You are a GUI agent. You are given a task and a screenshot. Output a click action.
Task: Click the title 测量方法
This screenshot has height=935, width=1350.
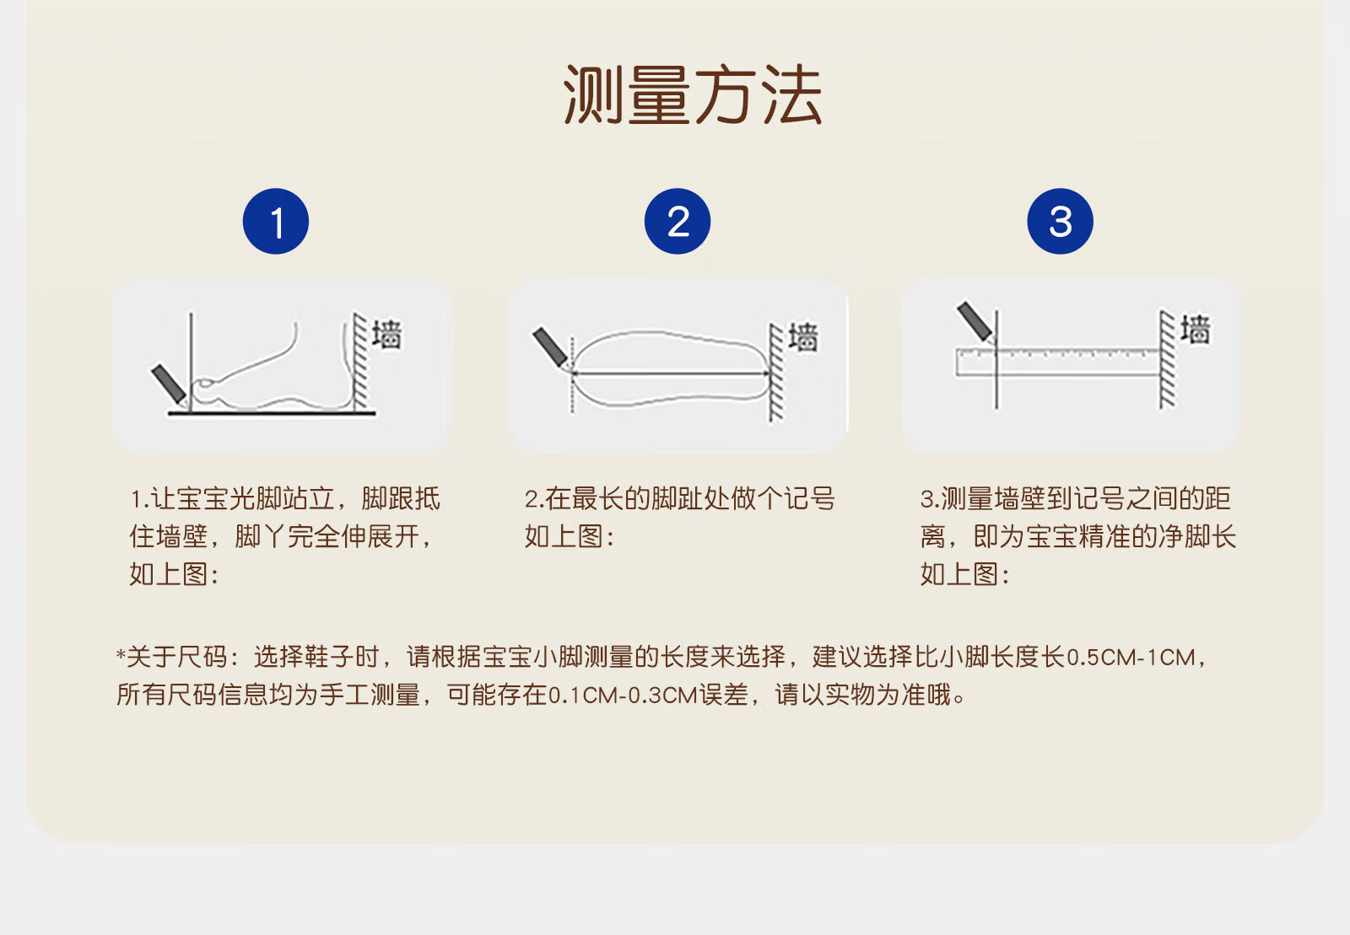pyautogui.click(x=693, y=95)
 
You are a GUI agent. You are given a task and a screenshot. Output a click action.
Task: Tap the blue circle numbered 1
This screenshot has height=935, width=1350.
pyautogui.click(x=276, y=221)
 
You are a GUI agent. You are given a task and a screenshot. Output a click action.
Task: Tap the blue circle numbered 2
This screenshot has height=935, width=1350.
pyautogui.click(x=678, y=221)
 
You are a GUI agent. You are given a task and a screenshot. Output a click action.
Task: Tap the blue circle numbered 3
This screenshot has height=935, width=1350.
pyautogui.click(x=1060, y=221)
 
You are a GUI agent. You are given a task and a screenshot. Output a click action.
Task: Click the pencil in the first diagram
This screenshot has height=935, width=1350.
pyautogui.click(x=170, y=384)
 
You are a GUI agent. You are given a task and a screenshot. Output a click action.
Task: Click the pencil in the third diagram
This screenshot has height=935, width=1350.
pyautogui.click(x=975, y=322)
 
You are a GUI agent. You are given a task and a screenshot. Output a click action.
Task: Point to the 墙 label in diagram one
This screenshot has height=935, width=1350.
pyautogui.click(x=386, y=334)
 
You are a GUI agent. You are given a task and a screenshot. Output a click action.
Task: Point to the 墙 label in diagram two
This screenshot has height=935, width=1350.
pyautogui.click(x=803, y=336)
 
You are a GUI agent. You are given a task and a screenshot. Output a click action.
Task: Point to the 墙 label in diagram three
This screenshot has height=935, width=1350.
pyautogui.click(x=1195, y=330)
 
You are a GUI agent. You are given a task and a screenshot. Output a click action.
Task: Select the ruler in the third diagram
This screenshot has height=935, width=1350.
pyautogui.click(x=1058, y=361)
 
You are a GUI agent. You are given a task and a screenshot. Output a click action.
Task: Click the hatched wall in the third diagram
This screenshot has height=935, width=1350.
pyautogui.click(x=1168, y=360)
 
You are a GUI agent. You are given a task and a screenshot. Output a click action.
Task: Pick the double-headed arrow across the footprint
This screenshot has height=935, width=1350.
pyautogui.click(x=670, y=373)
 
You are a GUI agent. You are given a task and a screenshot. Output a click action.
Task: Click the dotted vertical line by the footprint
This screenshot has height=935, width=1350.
pyautogui.click(x=572, y=373)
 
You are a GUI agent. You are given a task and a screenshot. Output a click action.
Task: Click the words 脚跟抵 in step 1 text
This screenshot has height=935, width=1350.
pyautogui.click(x=401, y=498)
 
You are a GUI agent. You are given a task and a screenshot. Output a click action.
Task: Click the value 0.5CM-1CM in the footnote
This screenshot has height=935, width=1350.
pyautogui.click(x=1131, y=657)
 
